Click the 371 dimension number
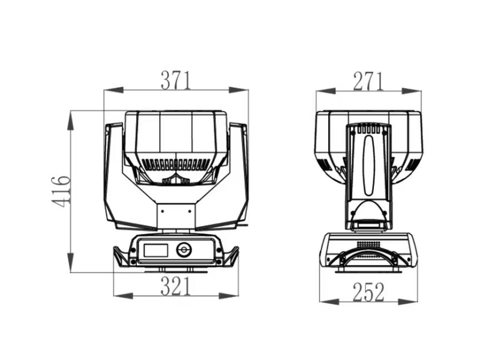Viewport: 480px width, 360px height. tap(176, 80)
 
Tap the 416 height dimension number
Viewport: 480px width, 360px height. tap(61, 191)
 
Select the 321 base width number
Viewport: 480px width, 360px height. tap(176, 286)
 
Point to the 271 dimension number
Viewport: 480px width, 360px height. tap(368, 82)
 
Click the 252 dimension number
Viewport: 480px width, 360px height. tap(368, 292)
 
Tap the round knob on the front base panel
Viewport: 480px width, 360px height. tap(184, 250)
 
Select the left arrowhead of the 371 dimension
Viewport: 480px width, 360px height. tap(113, 91)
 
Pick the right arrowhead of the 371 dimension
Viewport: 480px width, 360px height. tap(239, 90)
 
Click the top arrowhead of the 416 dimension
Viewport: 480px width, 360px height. tap(71, 121)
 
